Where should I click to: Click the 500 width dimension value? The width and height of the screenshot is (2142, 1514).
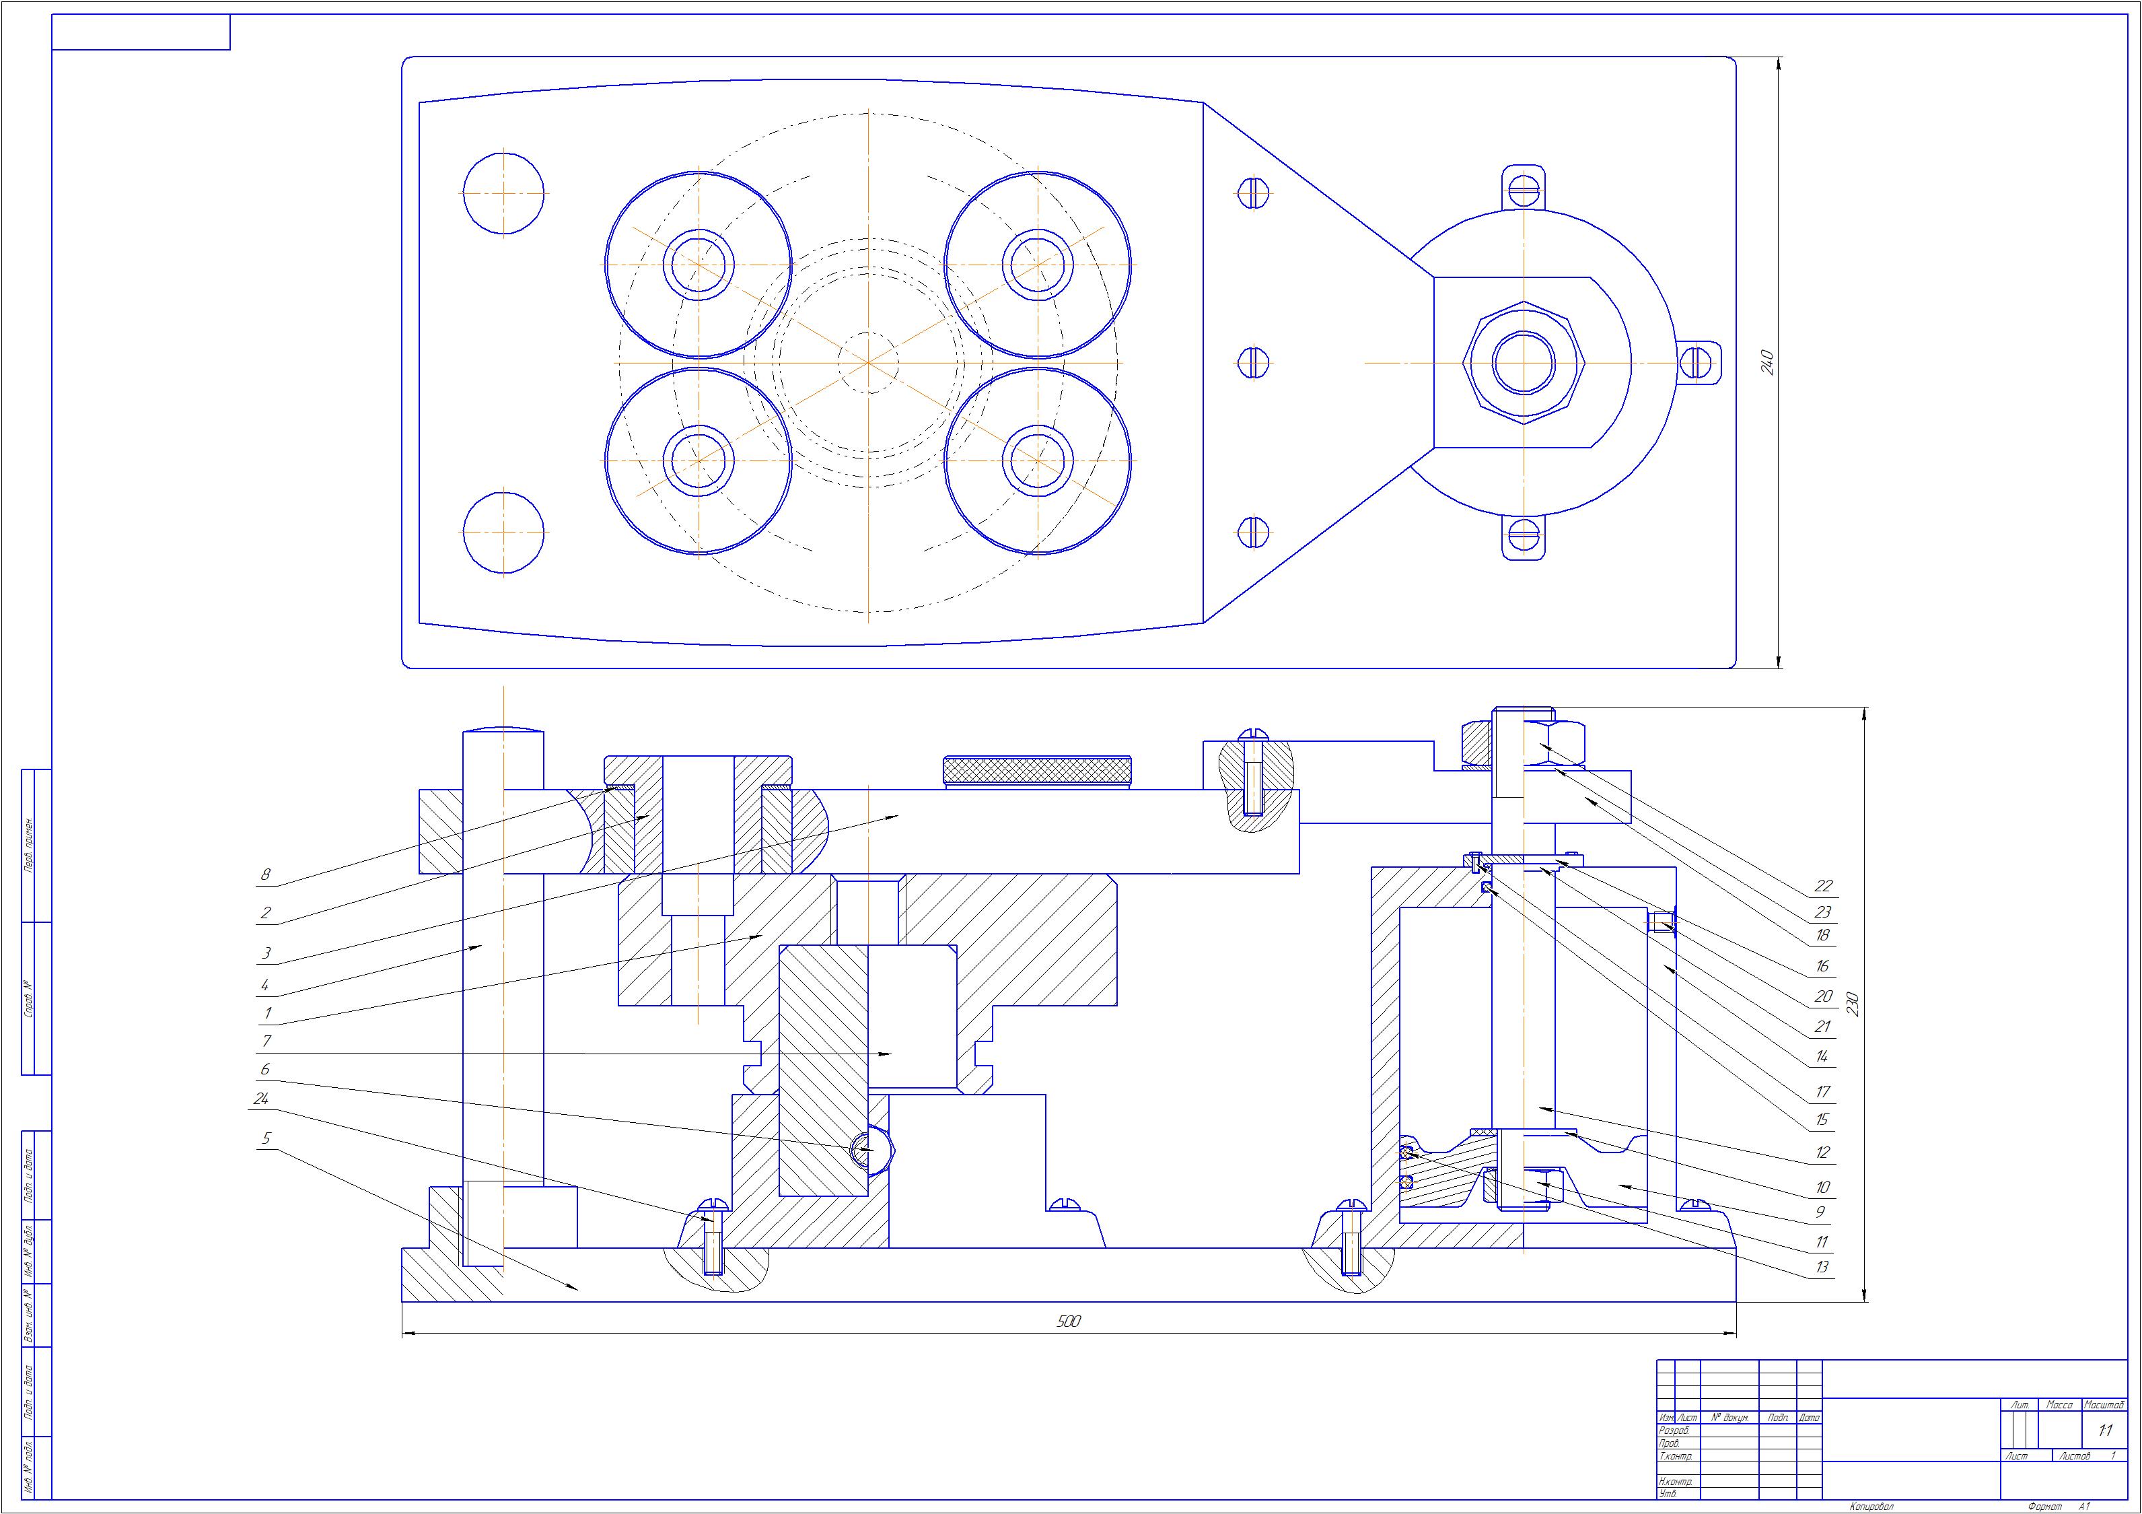coord(1069,1321)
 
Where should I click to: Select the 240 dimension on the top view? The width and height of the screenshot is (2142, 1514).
coord(1766,362)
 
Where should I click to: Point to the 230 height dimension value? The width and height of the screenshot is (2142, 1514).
coord(1853,1004)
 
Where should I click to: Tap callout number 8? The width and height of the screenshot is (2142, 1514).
coord(266,874)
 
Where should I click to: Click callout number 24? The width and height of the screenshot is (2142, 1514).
coord(260,1099)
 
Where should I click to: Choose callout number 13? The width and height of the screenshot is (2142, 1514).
coord(1822,1267)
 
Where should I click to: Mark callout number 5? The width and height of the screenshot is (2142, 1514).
coord(266,1138)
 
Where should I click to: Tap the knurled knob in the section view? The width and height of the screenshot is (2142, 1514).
coord(1039,771)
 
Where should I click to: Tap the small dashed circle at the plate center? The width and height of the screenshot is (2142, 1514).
coord(867,362)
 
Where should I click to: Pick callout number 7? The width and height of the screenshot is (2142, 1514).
coord(266,1041)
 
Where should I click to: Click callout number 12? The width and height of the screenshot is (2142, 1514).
coord(1822,1152)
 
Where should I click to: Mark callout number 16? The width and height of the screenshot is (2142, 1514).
coord(1822,966)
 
